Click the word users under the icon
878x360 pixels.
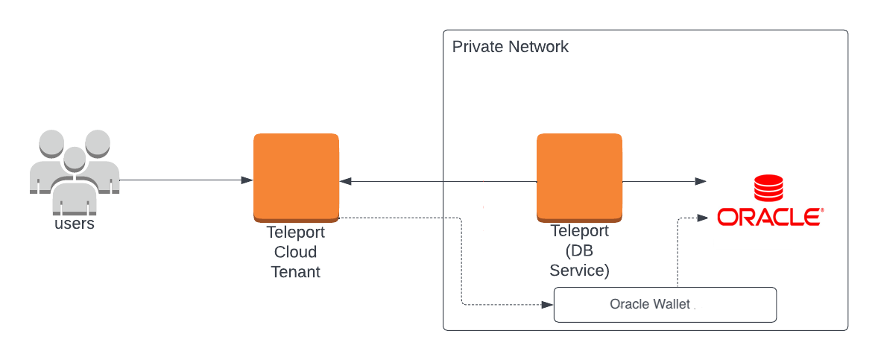75,224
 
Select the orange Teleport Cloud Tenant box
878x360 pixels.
296,177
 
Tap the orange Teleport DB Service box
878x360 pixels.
579,177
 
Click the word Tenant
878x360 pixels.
296,272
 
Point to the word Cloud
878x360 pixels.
296,252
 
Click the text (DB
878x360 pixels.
579,251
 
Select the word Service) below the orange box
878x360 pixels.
579,271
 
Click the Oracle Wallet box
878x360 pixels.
665,305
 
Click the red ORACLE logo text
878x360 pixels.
769,217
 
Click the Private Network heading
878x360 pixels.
511,47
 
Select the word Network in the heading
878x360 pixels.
538,47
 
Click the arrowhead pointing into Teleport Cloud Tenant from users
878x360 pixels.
247,180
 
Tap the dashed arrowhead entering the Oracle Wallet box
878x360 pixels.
548,305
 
